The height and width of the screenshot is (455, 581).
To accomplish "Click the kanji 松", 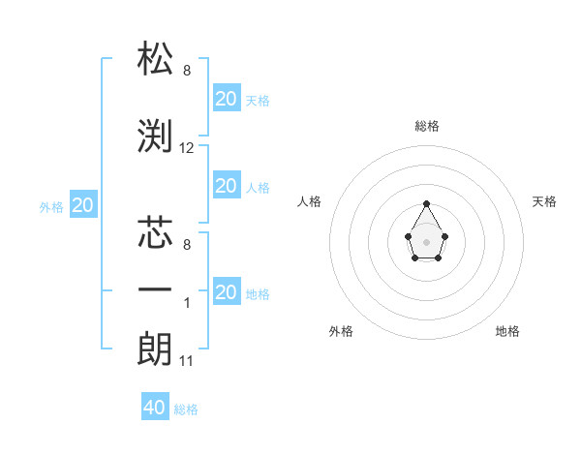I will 156,59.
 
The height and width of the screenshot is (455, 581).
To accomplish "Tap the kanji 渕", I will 156,136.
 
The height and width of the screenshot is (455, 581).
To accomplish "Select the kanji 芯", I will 156,233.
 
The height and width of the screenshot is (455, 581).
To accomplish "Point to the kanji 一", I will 156,290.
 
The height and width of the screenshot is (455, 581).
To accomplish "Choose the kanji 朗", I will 156,348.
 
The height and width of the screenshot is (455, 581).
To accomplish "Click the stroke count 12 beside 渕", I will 187,148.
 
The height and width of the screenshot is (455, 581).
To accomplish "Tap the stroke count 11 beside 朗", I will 187,361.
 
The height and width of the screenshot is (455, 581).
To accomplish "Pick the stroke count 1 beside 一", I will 187,303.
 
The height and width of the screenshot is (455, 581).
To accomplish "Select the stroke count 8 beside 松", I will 187,71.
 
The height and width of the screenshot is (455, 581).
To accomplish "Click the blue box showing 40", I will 155,408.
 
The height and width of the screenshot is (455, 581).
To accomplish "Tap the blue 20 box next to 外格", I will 82,205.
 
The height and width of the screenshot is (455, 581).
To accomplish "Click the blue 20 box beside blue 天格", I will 226,99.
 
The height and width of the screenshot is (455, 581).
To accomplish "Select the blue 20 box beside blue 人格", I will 226,186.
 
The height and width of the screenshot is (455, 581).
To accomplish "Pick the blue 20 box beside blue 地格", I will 226,292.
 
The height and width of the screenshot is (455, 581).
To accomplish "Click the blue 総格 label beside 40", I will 186,409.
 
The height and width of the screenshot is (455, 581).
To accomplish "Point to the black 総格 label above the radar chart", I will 427,126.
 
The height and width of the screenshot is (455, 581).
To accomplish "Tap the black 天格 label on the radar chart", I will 544,201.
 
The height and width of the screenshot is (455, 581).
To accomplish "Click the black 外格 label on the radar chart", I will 341,331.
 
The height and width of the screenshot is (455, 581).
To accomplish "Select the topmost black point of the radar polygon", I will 426,203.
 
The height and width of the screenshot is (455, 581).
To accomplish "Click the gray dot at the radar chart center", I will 426,240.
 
